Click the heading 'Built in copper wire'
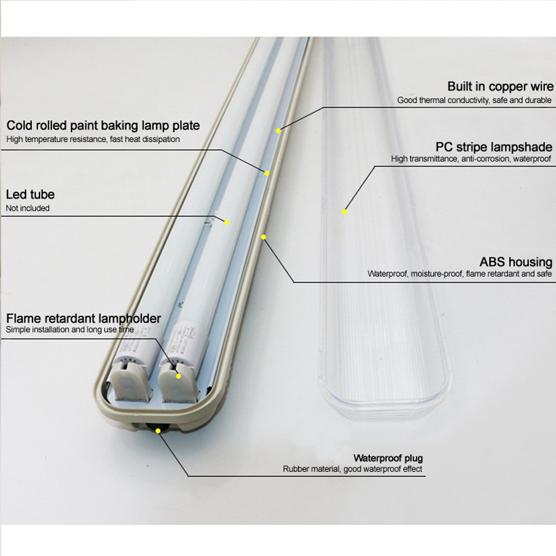pos(500,87)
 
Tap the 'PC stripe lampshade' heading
pos(494,147)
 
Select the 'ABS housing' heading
pos(516,262)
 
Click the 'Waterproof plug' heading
pos(388,458)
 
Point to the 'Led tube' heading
pos(30,195)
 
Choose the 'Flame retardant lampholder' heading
pos(83,319)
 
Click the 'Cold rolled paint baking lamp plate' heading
pos(103,126)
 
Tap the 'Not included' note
pos(28,209)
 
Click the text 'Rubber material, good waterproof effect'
pos(352,469)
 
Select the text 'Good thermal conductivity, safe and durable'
pos(474,101)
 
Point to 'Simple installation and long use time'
pos(70,330)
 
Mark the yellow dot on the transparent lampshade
pos(345,211)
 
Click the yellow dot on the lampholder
pos(178,376)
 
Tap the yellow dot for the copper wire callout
pos(278,131)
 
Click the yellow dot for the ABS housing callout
pos(264,237)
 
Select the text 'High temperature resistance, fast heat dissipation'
pos(93,140)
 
